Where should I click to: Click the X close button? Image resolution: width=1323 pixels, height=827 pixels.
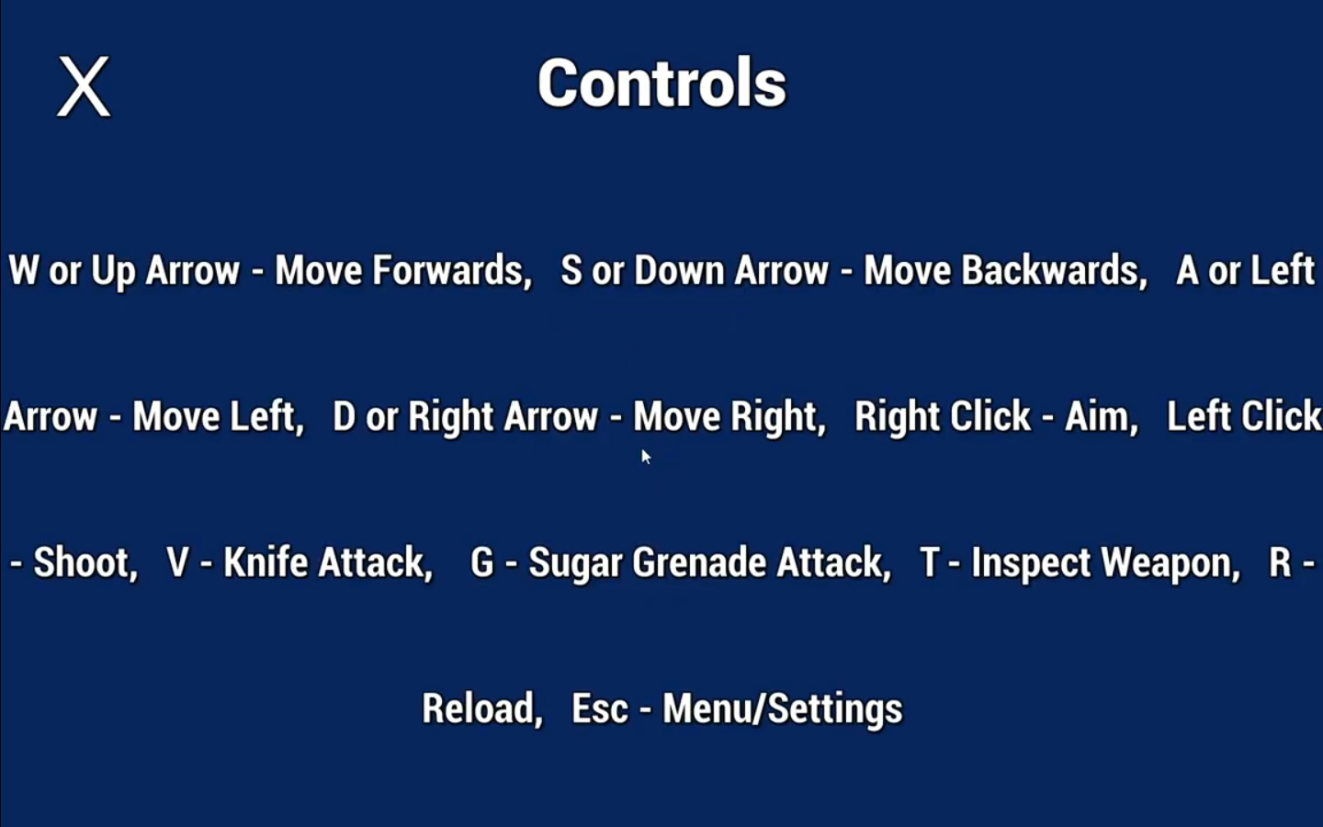pos(84,86)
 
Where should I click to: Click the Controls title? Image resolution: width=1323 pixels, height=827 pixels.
pos(662,83)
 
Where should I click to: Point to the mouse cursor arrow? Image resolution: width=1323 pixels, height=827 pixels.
pos(646,457)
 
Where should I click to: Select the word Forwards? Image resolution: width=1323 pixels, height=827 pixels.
pos(452,270)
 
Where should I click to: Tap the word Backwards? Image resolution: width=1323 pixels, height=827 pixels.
pos(1055,270)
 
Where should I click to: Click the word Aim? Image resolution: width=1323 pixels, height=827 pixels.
pos(1101,417)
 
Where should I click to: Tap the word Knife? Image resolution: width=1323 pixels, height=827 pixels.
pos(266,561)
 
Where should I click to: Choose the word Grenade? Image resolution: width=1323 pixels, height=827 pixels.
pos(698,561)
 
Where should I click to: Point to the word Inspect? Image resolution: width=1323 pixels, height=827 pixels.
pos(1031,563)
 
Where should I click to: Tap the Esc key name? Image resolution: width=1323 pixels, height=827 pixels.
pos(599,708)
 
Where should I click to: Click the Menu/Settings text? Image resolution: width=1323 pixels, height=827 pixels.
pos(783,709)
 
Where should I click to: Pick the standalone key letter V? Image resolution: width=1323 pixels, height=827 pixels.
pos(178,561)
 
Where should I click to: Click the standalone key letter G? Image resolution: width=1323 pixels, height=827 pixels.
pos(481,561)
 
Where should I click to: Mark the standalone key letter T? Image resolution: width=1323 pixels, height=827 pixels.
pos(930,561)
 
